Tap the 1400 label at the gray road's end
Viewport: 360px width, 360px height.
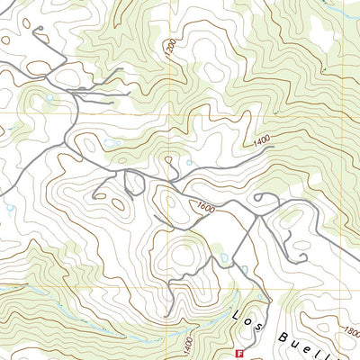[x=262, y=141]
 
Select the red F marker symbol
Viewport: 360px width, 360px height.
[x=238, y=355]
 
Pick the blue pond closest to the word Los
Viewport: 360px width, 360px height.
[x=243, y=269]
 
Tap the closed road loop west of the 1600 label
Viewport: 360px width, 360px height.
[x=134, y=184]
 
